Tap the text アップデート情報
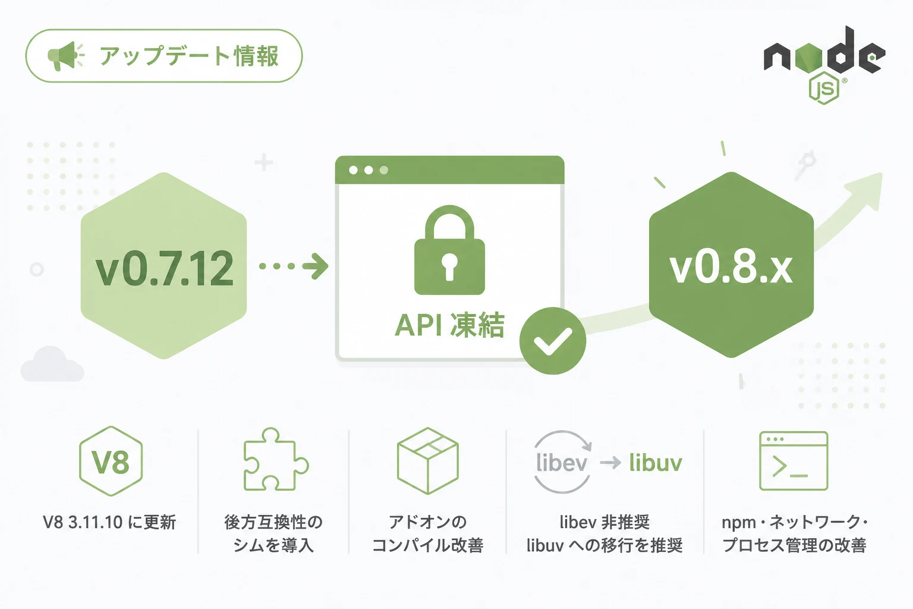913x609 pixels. click(x=189, y=56)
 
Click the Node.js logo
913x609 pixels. click(x=824, y=65)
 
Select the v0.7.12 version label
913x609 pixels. click(x=164, y=268)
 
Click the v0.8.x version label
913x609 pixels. click(x=731, y=268)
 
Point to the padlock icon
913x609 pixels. click(x=449, y=250)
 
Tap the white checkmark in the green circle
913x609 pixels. click(x=553, y=342)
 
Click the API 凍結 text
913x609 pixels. click(x=449, y=325)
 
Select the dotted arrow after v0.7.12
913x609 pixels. click(x=294, y=266)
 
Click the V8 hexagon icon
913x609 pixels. click(x=111, y=461)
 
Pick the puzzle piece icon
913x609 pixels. click(x=276, y=459)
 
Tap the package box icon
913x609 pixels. click(x=428, y=460)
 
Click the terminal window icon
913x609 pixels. click(x=794, y=460)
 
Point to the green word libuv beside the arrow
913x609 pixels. click(x=656, y=463)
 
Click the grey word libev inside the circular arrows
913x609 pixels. click(x=561, y=463)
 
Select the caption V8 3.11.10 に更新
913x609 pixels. click(x=109, y=522)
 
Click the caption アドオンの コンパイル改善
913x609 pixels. click(x=428, y=533)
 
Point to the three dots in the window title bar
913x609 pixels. click(x=369, y=170)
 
